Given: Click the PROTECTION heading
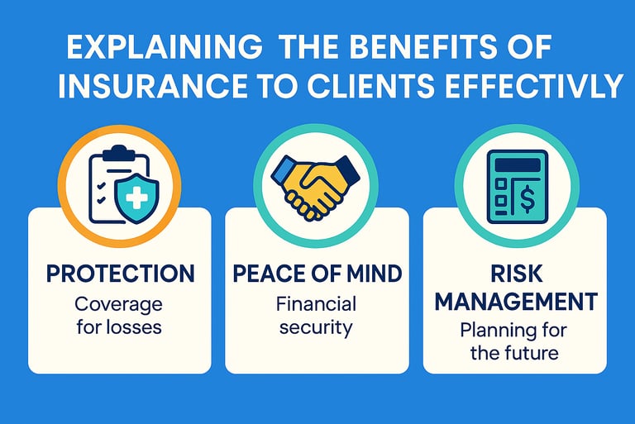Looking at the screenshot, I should point(120,274).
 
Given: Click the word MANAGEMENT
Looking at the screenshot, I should point(515,301).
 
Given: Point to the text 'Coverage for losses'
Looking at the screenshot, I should point(120,314).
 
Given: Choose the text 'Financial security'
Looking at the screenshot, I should point(316,314).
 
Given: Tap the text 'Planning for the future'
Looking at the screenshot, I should point(515,341).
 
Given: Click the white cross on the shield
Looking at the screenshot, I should point(135,196).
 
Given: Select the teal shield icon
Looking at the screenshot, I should point(135,197).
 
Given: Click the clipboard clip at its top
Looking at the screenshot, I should point(116,152).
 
